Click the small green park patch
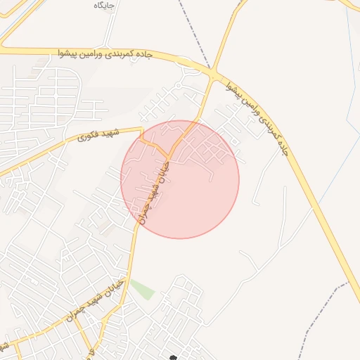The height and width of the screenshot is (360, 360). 142,289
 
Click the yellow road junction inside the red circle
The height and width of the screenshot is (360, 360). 169,153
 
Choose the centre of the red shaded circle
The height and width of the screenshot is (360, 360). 180,179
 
